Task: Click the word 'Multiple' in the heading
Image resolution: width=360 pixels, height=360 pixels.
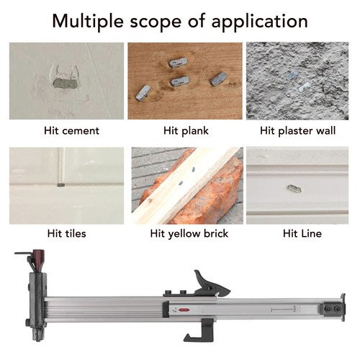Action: pos(88,22)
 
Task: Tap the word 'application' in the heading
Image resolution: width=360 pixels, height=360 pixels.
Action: pos(259,22)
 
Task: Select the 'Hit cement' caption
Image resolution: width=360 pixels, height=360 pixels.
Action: pos(71,131)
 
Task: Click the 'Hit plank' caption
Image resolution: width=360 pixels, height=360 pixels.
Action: pos(186,131)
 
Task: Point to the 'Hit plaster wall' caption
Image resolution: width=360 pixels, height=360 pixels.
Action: pos(297,131)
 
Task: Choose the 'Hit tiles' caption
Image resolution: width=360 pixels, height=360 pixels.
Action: pos(67,233)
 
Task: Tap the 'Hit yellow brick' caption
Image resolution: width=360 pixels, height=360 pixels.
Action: pos(189,234)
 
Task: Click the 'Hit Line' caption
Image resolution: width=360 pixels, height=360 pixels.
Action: pos(302,233)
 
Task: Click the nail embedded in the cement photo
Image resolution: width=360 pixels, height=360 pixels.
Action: pos(65,84)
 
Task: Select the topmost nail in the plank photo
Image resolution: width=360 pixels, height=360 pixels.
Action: pos(178,63)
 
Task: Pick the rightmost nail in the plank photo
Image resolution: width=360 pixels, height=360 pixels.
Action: pos(219,78)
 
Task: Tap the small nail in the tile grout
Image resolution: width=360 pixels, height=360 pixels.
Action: pos(61,185)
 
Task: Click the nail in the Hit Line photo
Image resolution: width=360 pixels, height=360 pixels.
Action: pos(294,189)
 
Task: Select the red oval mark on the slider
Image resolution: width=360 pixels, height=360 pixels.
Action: pos(184,310)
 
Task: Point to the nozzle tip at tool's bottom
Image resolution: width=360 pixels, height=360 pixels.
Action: pos(37,336)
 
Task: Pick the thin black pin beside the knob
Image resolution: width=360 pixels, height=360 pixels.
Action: pos(23,253)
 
